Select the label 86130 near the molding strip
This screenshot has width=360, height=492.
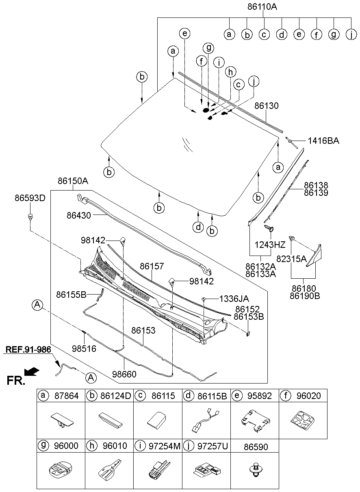pyautogui.click(x=267, y=106)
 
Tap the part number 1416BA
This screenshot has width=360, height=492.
pyautogui.click(x=323, y=141)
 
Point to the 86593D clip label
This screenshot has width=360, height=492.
pyautogui.click(x=30, y=198)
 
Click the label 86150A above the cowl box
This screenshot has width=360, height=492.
pyautogui.click(x=73, y=181)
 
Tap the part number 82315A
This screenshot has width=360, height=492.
pyautogui.click(x=292, y=259)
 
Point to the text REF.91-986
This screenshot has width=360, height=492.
pyautogui.click(x=28, y=349)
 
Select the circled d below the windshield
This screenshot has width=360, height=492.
pyautogui.click(x=198, y=226)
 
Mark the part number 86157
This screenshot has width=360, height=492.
pyautogui.click(x=152, y=267)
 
